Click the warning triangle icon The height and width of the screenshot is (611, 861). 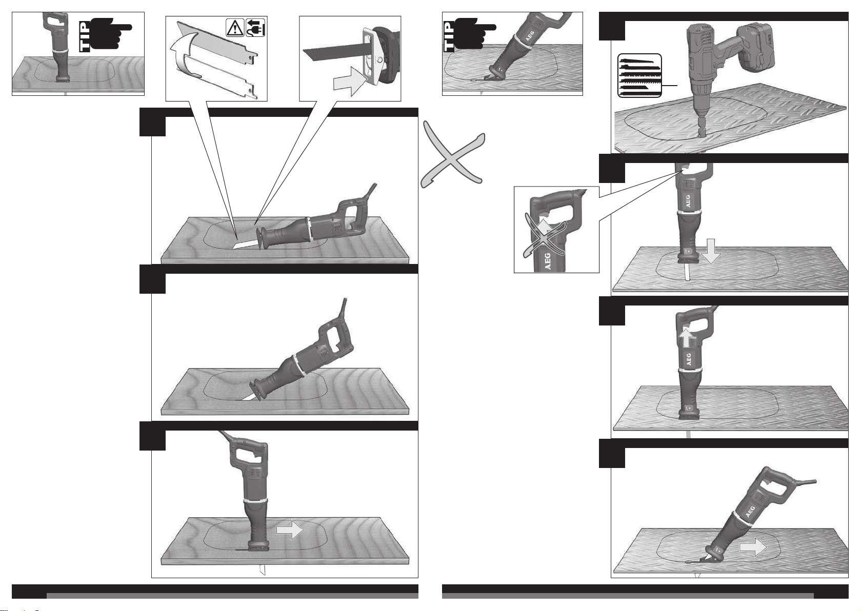coord(235,27)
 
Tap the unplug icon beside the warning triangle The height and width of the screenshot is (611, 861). coord(255,27)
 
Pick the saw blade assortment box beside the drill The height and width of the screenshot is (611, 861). coord(639,75)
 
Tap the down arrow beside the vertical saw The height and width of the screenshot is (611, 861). coord(711,251)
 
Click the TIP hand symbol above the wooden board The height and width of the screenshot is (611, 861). coord(105,35)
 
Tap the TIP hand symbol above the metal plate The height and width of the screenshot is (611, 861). coord(470,35)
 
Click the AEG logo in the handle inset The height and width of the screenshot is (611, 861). coord(547,261)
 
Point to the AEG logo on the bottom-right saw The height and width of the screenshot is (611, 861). coord(750,512)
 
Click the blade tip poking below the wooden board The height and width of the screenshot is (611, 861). coord(263,569)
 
